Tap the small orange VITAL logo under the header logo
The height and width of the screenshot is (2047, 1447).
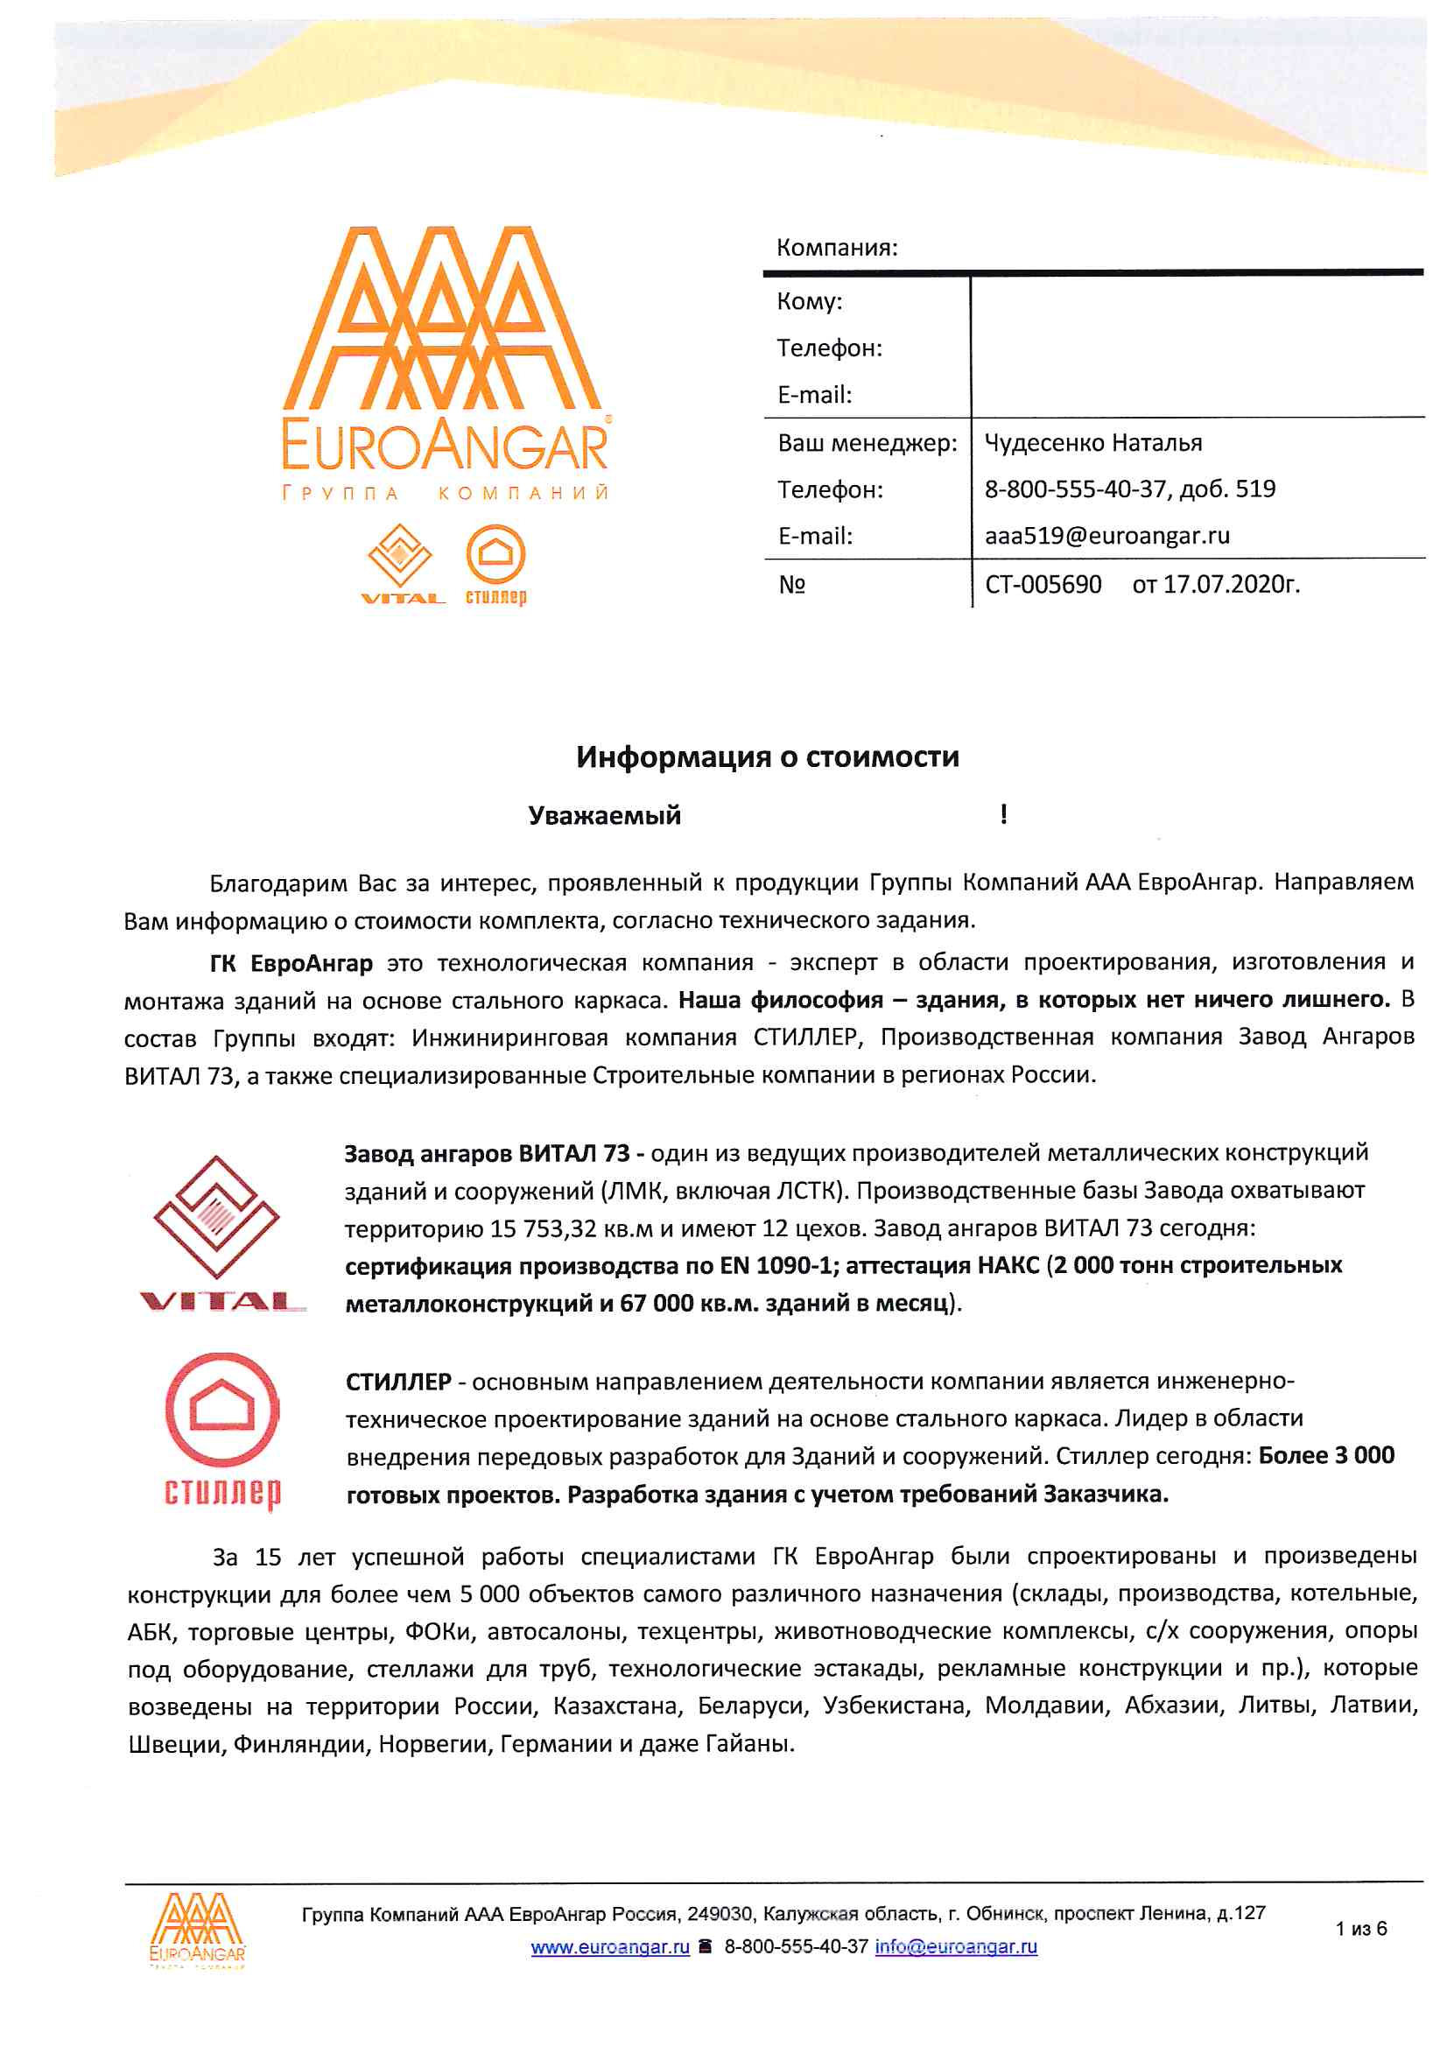coord(401,563)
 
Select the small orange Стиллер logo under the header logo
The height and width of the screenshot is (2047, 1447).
coord(495,565)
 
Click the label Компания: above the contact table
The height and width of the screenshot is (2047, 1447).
coord(836,247)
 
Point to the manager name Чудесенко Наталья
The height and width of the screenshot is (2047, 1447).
coord(1093,442)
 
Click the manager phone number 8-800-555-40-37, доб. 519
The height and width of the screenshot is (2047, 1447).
coord(1129,489)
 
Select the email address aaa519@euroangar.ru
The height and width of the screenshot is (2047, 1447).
coord(1106,535)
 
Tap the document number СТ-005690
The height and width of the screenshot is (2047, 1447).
coord(1043,584)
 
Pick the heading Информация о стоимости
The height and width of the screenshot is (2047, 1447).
coord(767,756)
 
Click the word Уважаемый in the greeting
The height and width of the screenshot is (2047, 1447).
coord(604,815)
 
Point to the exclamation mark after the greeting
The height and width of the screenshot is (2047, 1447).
coord(1004,814)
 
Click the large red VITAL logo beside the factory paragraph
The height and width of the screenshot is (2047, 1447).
coord(219,1231)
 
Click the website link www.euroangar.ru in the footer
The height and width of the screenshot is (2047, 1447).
coord(610,1946)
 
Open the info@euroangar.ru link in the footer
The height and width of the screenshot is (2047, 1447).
coord(956,1946)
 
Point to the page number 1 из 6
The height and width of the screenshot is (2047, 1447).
coord(1360,1929)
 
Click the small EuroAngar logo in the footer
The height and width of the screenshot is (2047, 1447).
coord(196,1930)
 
